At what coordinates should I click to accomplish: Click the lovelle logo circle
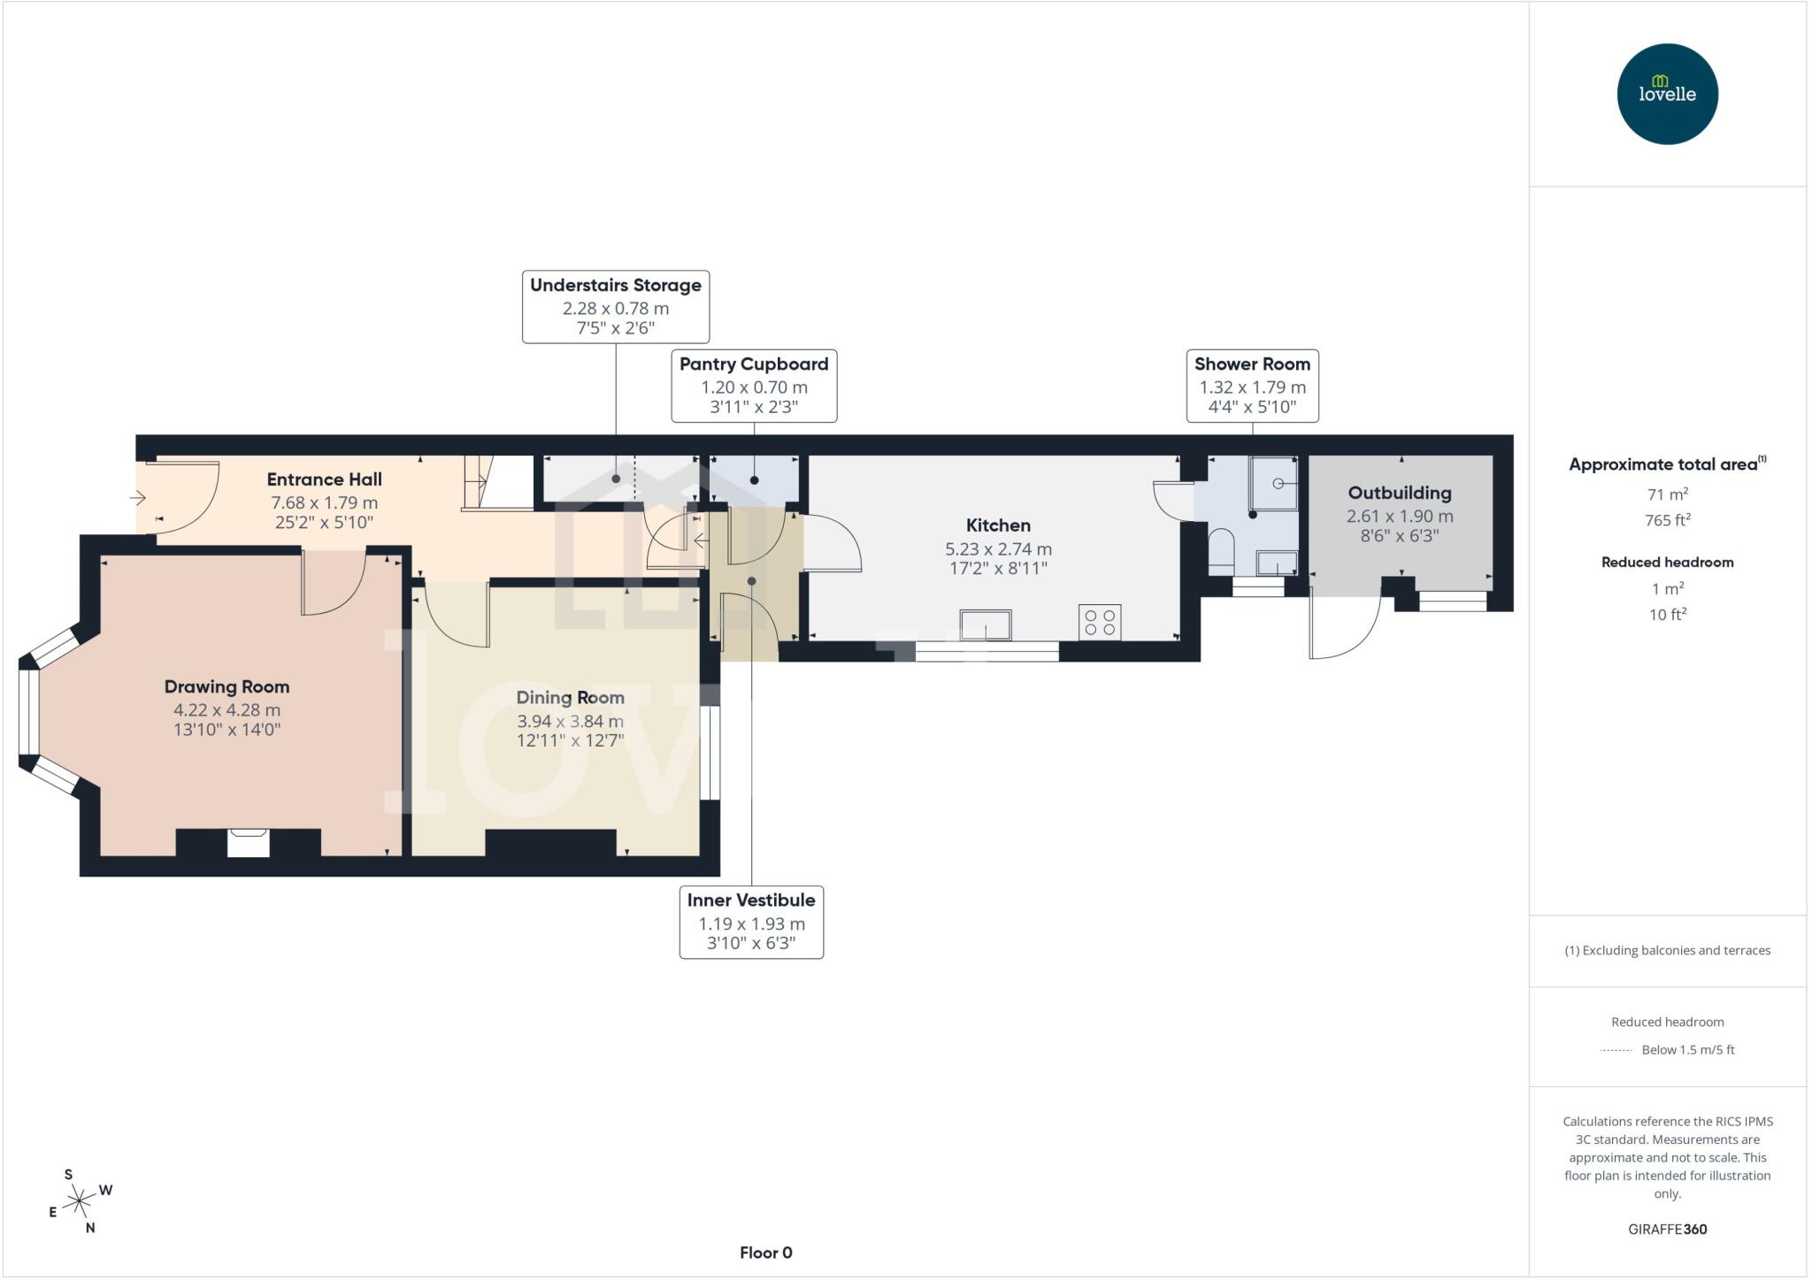pos(1667,94)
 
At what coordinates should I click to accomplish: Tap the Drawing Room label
pos(226,686)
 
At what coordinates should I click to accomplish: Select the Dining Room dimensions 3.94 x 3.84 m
pos(570,721)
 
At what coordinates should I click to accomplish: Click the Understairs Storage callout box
pos(616,306)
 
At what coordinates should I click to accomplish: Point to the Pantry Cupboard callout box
pos(754,386)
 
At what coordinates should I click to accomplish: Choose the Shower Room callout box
pos(1252,386)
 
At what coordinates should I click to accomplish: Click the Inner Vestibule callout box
pos(751,922)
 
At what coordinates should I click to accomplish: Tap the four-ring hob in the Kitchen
pos(1100,622)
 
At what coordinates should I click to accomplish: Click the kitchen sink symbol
pos(986,624)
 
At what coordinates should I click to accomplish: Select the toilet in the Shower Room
pos(1221,549)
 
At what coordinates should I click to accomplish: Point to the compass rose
pos(80,1201)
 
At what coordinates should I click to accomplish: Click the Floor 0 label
pos(766,1253)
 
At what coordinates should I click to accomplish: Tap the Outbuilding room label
pos(1400,493)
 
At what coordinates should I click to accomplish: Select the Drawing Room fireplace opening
pos(248,843)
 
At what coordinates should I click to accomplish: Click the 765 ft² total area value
pos(1667,520)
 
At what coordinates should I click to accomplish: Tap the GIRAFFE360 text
pos(1667,1229)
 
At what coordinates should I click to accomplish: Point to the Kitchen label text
pos(998,525)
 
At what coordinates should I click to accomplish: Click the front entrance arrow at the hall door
pos(138,498)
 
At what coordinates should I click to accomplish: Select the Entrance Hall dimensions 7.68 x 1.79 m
pos(324,502)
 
